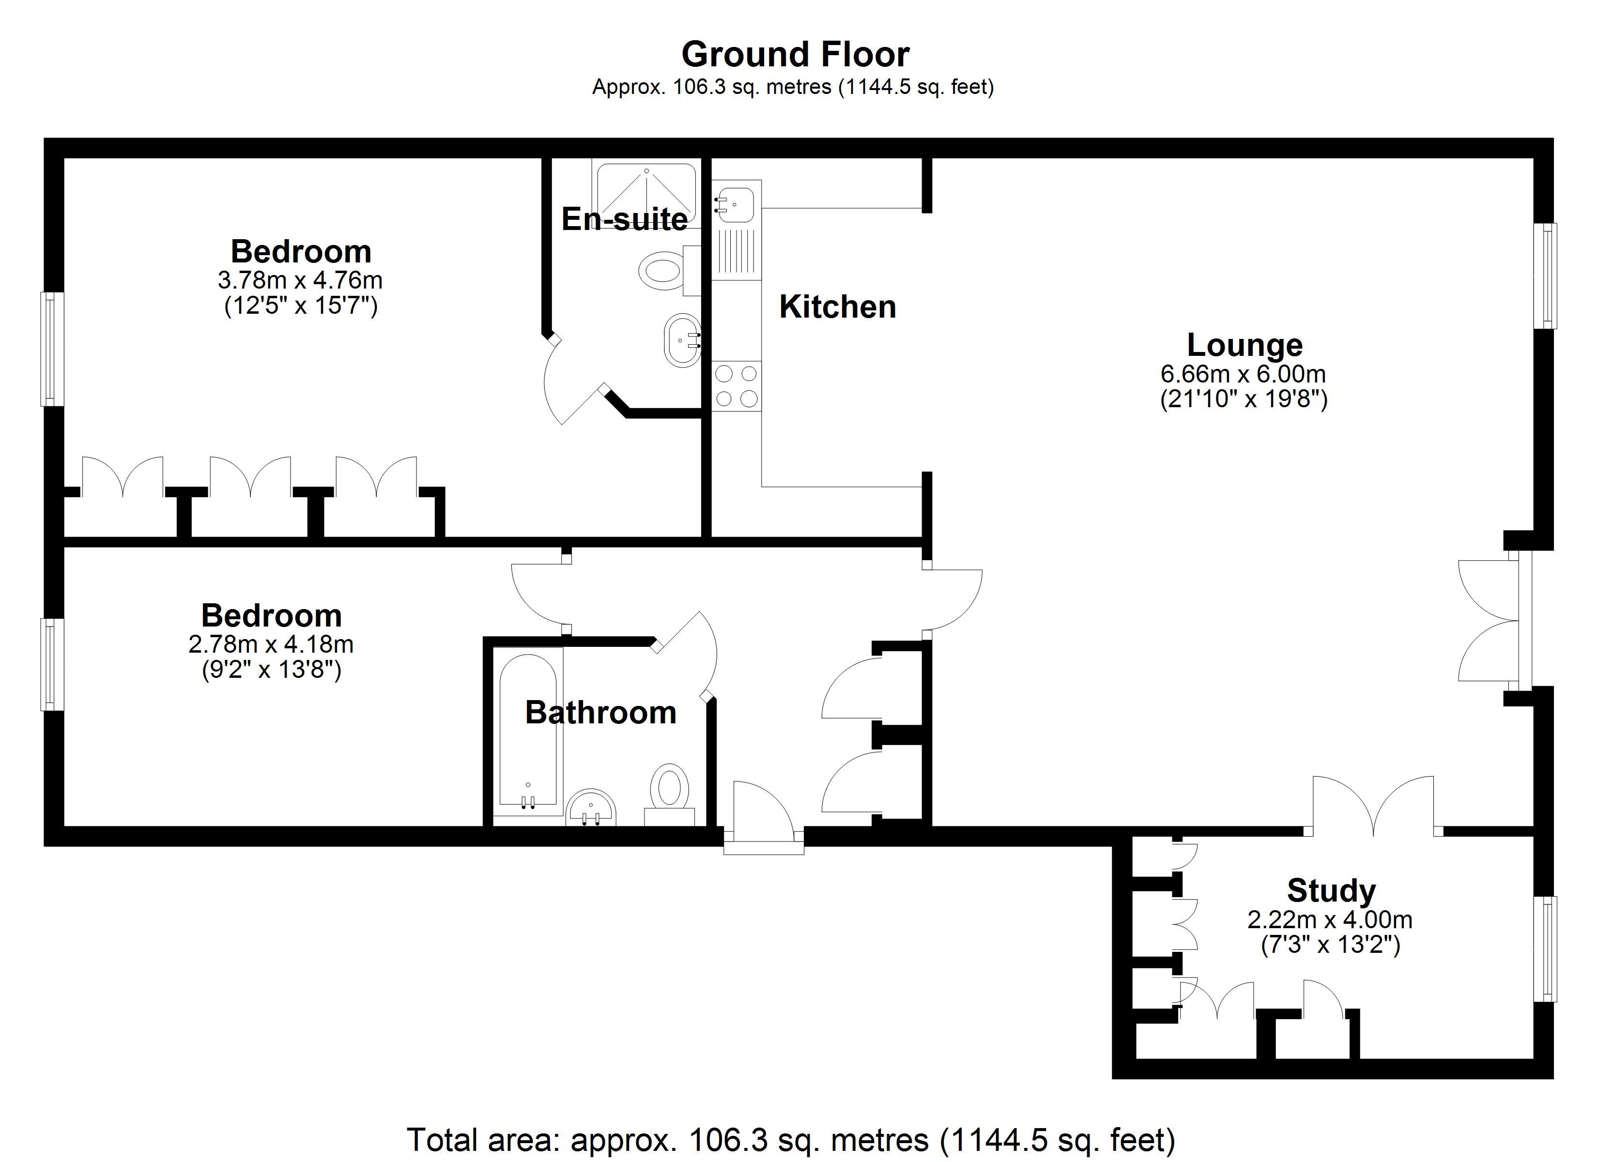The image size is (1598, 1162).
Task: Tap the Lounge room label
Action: [1245, 345]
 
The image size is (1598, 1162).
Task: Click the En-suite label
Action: [624, 219]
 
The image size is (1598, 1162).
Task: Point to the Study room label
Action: [1331, 891]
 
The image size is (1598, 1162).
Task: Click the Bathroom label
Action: [600, 712]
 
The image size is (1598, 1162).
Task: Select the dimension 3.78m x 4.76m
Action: [300, 280]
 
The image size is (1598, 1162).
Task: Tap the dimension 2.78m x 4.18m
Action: [271, 644]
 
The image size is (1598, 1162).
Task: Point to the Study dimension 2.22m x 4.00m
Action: [1330, 919]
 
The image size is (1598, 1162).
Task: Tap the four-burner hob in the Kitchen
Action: [737, 385]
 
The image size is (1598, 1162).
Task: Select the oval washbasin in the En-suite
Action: [682, 340]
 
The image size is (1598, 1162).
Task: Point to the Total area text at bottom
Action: [791, 1139]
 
